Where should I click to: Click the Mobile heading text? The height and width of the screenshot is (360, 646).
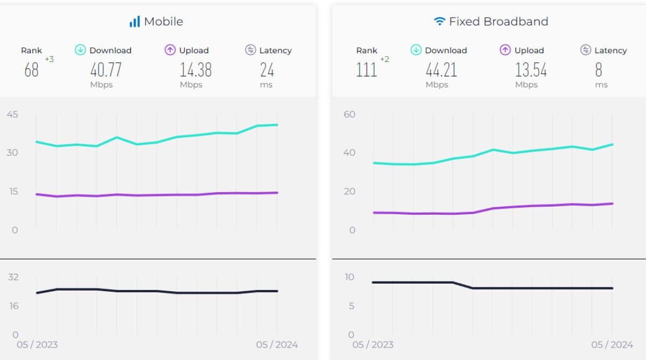click(163, 22)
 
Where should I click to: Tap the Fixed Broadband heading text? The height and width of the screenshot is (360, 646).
click(498, 22)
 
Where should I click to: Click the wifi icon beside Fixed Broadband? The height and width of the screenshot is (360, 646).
click(440, 22)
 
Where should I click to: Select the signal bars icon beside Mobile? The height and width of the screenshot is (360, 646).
click(135, 22)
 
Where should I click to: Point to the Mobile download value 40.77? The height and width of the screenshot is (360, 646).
click(106, 70)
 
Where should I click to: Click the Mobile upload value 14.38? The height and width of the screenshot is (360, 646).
click(195, 70)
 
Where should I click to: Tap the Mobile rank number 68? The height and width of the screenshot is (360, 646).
click(32, 70)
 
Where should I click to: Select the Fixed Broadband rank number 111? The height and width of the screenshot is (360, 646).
click(367, 70)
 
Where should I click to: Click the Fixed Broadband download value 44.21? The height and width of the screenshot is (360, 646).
click(441, 70)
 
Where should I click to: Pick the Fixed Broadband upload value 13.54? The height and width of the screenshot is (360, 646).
click(531, 70)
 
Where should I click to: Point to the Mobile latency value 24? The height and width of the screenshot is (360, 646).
click(267, 70)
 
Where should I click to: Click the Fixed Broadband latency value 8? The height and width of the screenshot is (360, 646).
click(599, 70)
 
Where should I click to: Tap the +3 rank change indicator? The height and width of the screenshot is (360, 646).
click(49, 59)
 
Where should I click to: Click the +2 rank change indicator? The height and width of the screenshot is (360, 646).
click(384, 59)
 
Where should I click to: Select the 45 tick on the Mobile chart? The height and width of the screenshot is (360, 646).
click(12, 114)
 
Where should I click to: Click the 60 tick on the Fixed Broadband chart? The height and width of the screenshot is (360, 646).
click(349, 114)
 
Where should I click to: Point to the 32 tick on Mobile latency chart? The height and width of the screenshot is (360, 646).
click(13, 277)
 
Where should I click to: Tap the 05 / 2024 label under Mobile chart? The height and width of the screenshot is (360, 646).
click(277, 344)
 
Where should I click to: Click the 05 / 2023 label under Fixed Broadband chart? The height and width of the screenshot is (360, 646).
click(373, 344)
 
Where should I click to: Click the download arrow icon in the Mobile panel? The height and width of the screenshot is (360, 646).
click(80, 50)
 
